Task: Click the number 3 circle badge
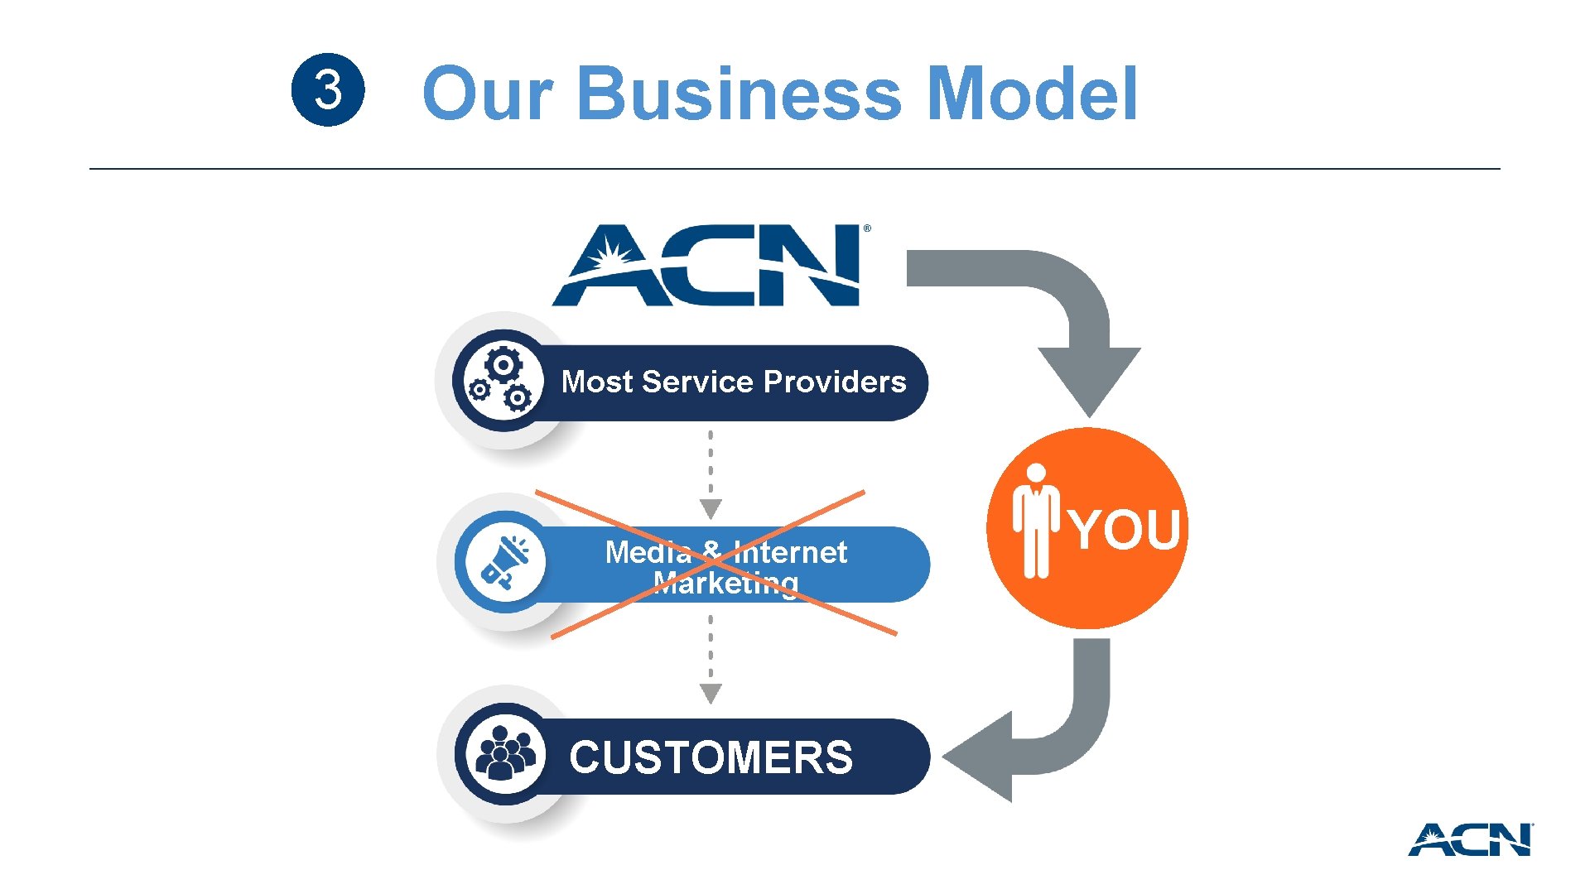tap(328, 89)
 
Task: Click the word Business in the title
tap(739, 93)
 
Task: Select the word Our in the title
tap(487, 94)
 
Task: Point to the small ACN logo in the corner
tap(1470, 839)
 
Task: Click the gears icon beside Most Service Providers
tap(502, 381)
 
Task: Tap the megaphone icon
tap(504, 562)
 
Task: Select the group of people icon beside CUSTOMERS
tap(504, 753)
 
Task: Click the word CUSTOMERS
tap(711, 757)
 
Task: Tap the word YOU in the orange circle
tap(1125, 530)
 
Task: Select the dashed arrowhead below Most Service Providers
tap(711, 508)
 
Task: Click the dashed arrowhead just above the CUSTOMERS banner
tap(711, 693)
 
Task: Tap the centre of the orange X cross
tap(714, 564)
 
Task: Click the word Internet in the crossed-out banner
tap(790, 552)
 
